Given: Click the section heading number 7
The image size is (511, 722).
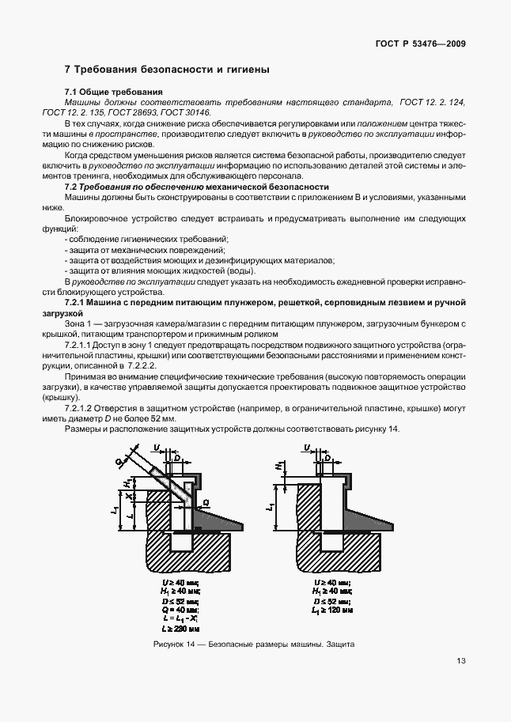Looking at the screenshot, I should [x=68, y=70].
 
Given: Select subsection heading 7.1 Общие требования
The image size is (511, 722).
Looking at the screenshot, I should [x=113, y=93].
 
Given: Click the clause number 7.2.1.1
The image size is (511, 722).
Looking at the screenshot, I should [x=80, y=346].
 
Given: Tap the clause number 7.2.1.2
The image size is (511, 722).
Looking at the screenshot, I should [x=80, y=409].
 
